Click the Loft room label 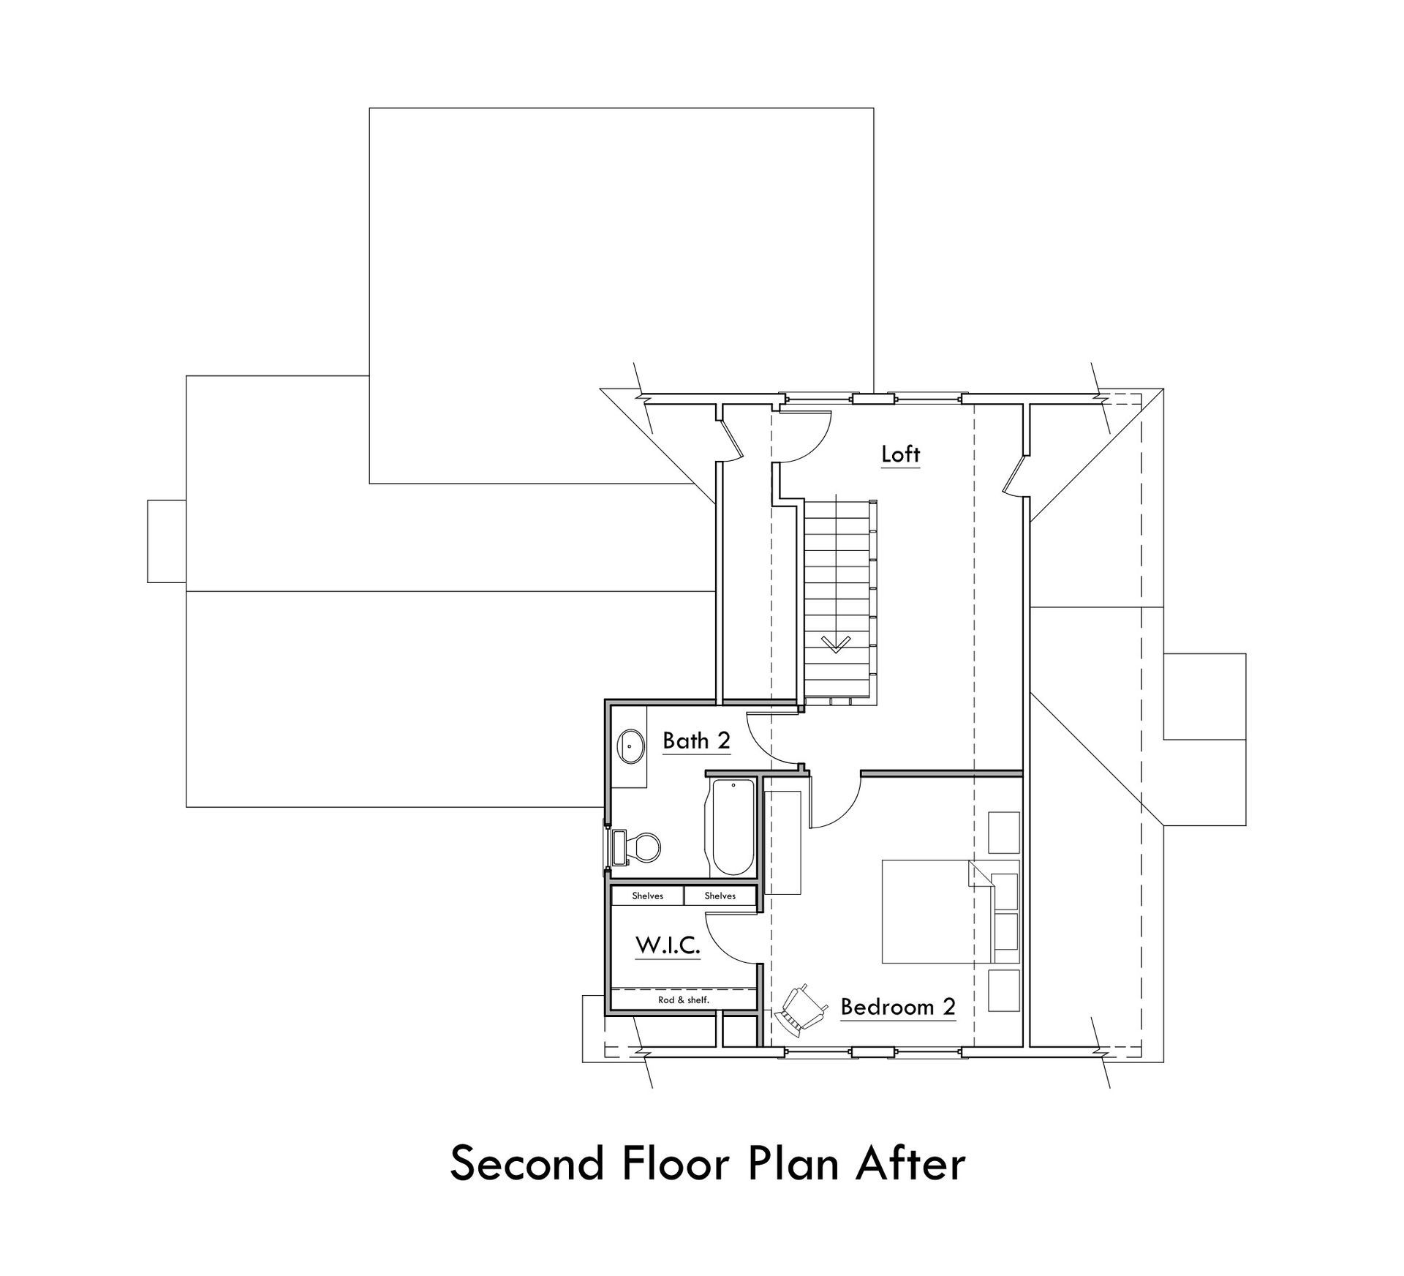tap(900, 454)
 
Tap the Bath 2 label tap(696, 741)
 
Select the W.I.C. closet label tap(668, 945)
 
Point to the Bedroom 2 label tap(898, 1007)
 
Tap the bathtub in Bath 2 tap(732, 827)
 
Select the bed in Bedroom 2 tap(937, 911)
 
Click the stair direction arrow tap(836, 644)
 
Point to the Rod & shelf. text tap(684, 999)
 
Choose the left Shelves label tap(647, 896)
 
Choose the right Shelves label tap(720, 896)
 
